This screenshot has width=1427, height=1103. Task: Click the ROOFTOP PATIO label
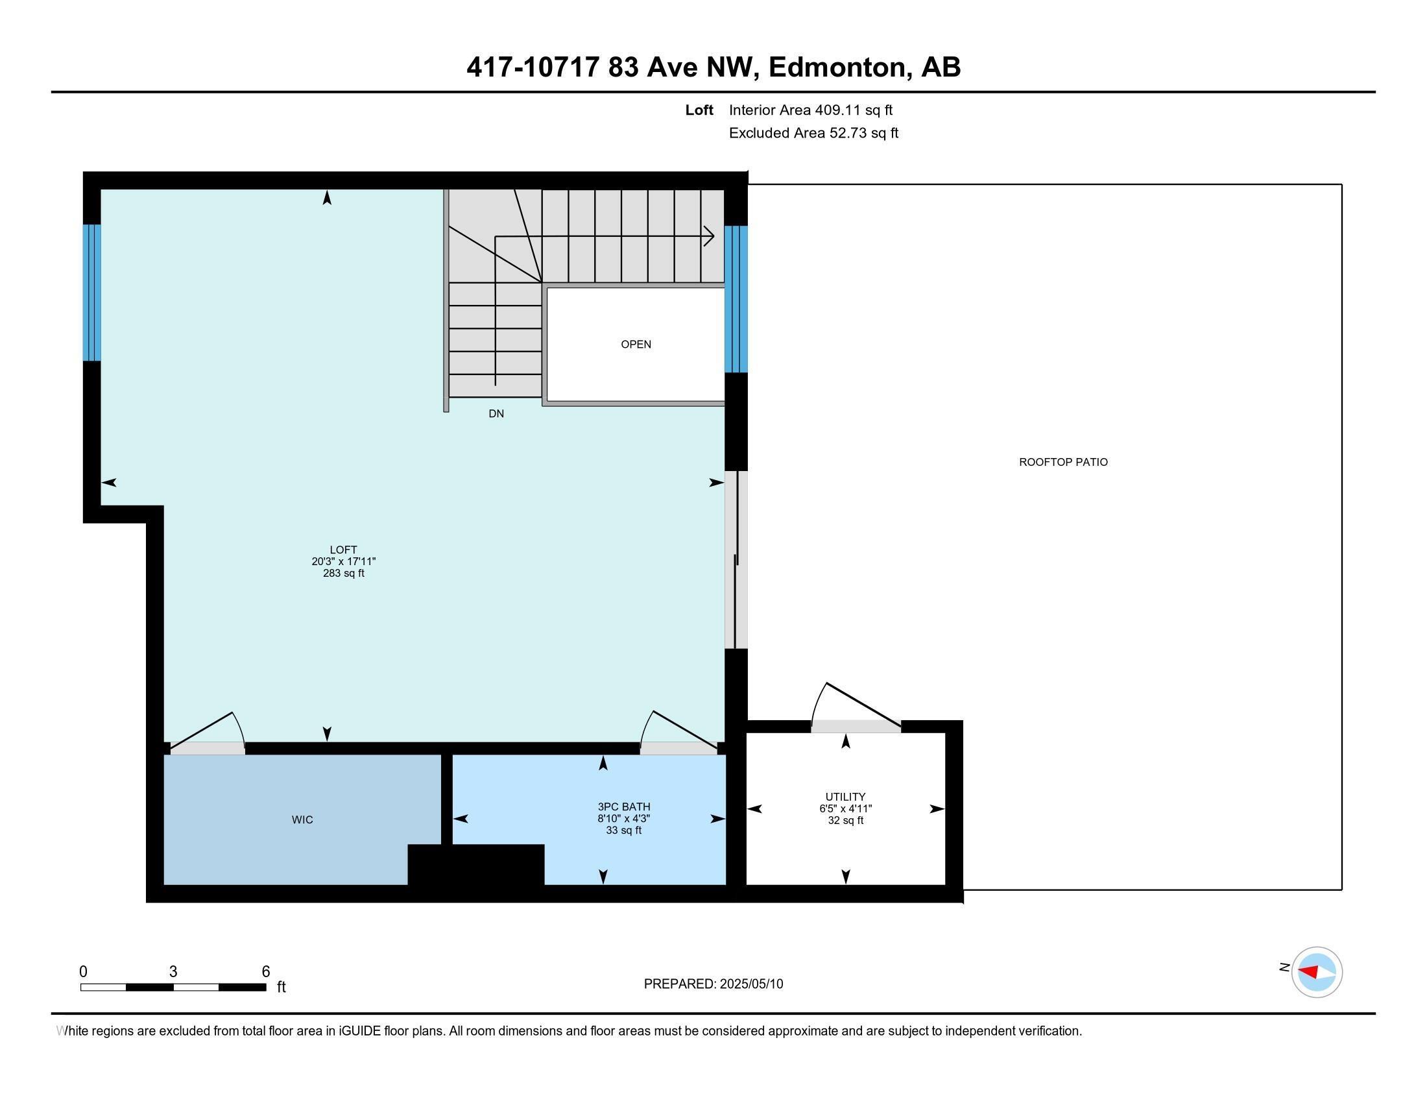[1063, 462]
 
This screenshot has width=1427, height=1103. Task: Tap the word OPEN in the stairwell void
[636, 345]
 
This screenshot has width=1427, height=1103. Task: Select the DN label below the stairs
[496, 414]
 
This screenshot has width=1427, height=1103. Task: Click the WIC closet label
[302, 819]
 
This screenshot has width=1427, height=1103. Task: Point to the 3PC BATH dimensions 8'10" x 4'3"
[623, 819]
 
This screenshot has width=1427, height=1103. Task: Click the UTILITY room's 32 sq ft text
[845, 821]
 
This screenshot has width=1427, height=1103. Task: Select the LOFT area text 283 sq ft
[343, 574]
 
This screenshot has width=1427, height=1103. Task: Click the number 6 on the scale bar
[265, 971]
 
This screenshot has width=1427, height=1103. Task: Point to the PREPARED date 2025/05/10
[750, 984]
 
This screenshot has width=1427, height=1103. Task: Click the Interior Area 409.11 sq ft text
[810, 110]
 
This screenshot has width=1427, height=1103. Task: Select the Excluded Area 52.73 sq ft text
[813, 133]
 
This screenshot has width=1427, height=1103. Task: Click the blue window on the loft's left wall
[92, 292]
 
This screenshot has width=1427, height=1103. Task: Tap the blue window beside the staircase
[736, 298]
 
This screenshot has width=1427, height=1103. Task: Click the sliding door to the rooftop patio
[736, 560]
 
